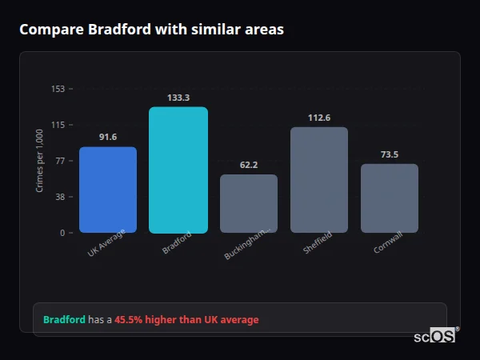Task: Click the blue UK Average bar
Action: click(x=108, y=190)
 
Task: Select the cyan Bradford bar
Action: click(x=178, y=170)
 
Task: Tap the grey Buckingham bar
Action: click(x=249, y=203)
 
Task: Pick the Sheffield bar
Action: click(x=319, y=180)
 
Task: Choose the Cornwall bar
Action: click(x=390, y=198)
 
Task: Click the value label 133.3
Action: click(x=178, y=98)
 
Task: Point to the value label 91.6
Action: click(x=108, y=138)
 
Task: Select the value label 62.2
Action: click(x=249, y=165)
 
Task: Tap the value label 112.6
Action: click(x=319, y=118)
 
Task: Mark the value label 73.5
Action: click(x=390, y=154)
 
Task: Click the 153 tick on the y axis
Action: click(x=58, y=89)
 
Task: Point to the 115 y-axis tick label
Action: click(x=58, y=125)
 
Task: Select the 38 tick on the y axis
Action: click(x=60, y=197)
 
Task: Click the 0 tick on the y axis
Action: click(x=62, y=233)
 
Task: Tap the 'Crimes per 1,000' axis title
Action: click(x=40, y=161)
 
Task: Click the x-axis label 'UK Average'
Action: click(x=107, y=245)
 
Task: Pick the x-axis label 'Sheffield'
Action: click(x=318, y=243)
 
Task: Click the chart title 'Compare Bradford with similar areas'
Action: click(x=151, y=30)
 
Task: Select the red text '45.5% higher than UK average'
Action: click(x=186, y=320)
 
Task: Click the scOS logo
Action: click(x=435, y=336)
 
